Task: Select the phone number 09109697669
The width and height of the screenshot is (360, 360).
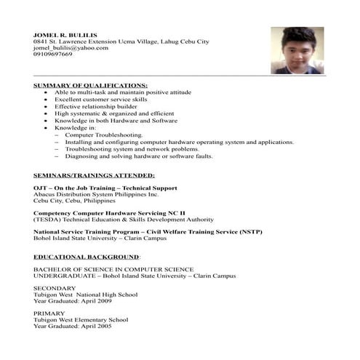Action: tap(53, 55)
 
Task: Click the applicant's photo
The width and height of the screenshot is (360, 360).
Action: tap(297, 50)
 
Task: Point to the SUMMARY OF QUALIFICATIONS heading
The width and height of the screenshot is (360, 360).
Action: tap(90, 86)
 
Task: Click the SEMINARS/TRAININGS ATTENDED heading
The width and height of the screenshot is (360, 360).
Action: tap(94, 176)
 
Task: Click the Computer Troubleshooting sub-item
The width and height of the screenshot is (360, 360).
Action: tap(104, 135)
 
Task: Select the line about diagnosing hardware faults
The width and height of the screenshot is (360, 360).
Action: tap(138, 156)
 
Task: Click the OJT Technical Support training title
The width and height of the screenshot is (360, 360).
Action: tap(105, 188)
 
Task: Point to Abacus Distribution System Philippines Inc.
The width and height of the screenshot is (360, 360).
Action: tap(95, 195)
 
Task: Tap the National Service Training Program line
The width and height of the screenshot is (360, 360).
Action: tap(148, 231)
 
